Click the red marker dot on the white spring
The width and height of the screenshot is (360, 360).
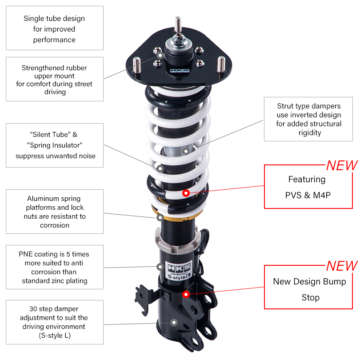pos(186,193)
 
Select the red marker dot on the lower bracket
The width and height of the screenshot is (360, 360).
pos(186,294)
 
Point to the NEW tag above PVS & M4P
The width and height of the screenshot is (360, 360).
pos(341,165)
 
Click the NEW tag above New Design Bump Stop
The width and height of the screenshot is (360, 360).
pos(341,266)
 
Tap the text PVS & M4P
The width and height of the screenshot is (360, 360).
pos(308,195)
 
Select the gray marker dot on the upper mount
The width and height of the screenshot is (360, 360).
pos(160,56)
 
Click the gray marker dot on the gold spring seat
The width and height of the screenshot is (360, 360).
pos(159,218)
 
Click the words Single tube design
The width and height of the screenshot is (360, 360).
pos(54,19)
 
